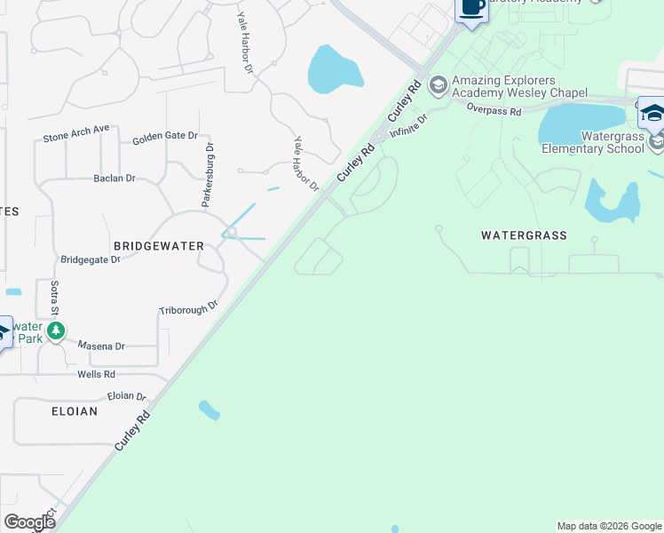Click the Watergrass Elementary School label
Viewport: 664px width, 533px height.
593,142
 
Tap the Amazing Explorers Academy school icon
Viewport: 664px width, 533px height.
437,85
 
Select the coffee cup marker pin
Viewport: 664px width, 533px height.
472,9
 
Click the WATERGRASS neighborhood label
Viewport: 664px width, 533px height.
524,235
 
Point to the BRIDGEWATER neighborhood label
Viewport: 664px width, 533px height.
159,245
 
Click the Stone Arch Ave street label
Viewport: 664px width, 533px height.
76,134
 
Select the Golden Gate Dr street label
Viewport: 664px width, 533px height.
165,136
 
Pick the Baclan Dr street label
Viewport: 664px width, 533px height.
115,179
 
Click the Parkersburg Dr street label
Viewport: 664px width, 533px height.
208,175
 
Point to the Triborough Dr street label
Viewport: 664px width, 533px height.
188,308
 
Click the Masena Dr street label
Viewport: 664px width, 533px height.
101,346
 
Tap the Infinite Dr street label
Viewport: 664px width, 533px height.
409,127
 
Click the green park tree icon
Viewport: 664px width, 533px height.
56,331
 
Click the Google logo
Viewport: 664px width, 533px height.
29,522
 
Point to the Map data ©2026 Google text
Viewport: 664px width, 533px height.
609,526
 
